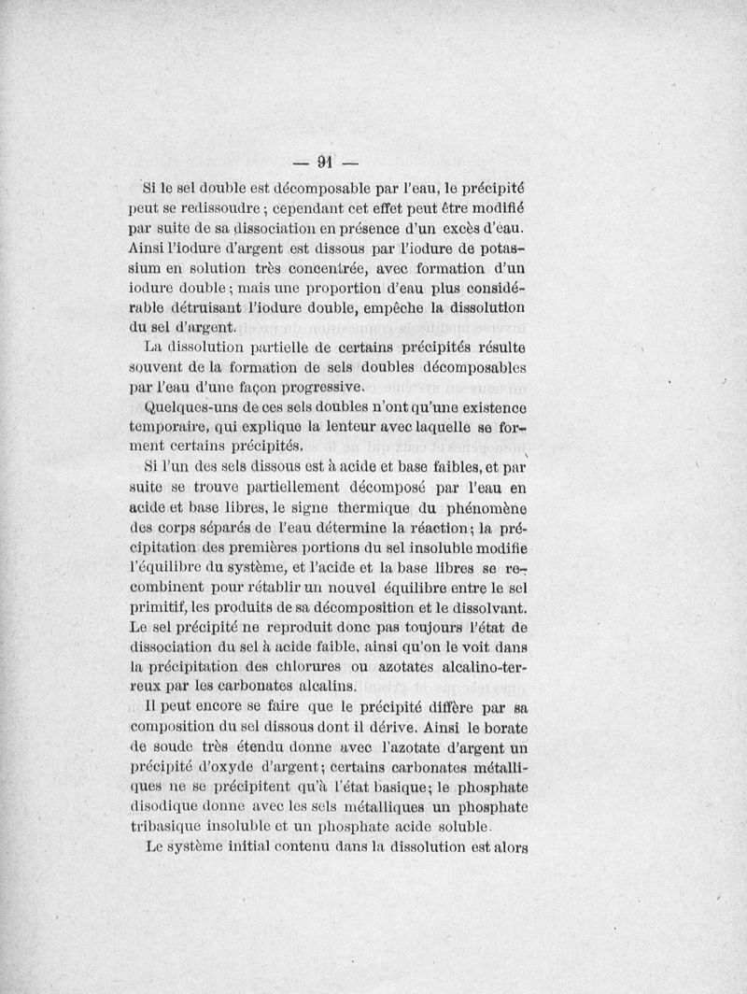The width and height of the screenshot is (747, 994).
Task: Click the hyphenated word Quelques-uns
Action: [x=188, y=410]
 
